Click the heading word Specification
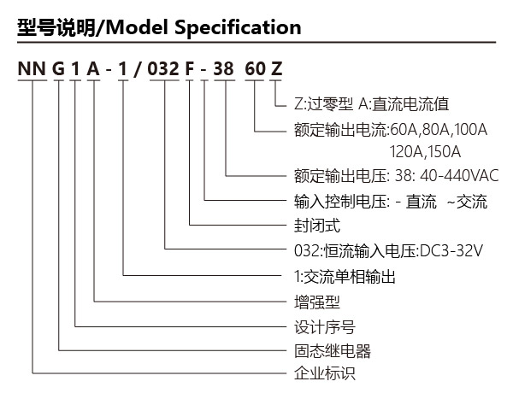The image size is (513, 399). [x=238, y=28]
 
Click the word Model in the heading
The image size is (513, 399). [x=138, y=27]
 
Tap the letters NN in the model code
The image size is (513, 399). [x=32, y=68]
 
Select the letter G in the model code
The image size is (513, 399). [x=58, y=68]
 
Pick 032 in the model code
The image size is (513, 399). [x=163, y=68]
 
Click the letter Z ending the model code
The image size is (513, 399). [x=276, y=68]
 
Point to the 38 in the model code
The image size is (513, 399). [x=223, y=68]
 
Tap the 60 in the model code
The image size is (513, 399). [x=255, y=68]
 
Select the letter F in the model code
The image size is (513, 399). [x=190, y=68]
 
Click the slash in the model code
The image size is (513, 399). [x=138, y=69]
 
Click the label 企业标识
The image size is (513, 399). [x=325, y=373]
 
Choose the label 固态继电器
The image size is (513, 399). [x=333, y=351]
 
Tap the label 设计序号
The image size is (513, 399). [x=325, y=327]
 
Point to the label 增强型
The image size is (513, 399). [x=317, y=302]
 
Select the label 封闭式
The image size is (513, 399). [x=317, y=226]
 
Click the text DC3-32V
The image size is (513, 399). [x=451, y=251]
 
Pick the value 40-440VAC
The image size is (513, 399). [x=459, y=176]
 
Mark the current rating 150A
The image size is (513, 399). [x=444, y=152]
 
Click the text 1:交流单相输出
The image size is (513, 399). [x=345, y=277]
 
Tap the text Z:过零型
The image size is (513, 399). [x=323, y=104]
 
